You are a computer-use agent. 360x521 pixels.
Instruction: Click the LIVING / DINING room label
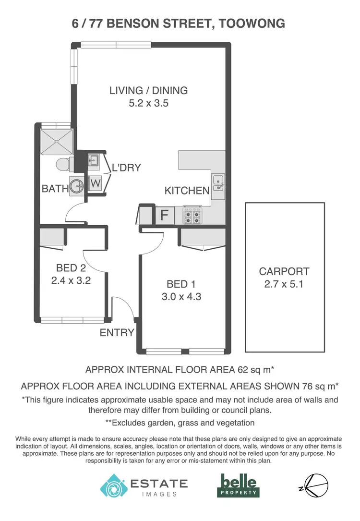point(148,90)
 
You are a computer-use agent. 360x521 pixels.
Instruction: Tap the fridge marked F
point(164,215)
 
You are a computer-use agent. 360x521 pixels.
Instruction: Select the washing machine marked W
point(95,183)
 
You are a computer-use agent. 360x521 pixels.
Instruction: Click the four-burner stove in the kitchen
point(193,215)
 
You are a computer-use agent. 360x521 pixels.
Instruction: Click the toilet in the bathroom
point(63,164)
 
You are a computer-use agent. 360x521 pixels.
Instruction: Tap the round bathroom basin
point(77,185)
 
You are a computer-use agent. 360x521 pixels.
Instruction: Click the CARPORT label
point(284,271)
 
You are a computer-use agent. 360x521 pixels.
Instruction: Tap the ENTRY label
point(117,332)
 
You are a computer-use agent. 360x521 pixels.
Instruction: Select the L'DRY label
point(126,168)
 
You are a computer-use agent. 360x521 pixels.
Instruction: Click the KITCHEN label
point(187,191)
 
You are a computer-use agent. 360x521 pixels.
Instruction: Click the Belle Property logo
point(239,485)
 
